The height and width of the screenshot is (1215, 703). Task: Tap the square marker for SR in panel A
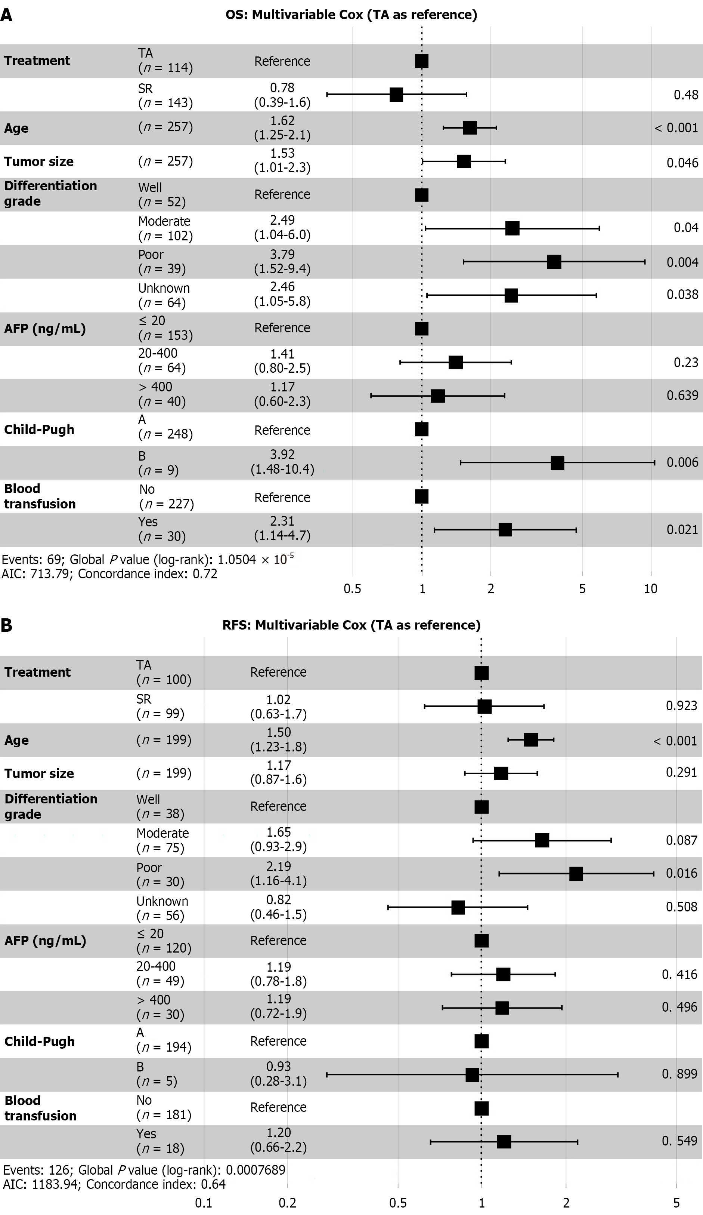[396, 95]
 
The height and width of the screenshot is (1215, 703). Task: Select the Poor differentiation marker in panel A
[554, 262]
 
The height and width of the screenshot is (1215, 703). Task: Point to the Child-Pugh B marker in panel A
[557, 463]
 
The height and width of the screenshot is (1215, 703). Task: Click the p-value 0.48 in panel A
[686, 95]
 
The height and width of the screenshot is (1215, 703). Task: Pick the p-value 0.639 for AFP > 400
[682, 396]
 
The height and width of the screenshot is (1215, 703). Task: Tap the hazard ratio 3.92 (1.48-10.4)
[282, 462]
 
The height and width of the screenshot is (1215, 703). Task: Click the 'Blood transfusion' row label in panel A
[40, 496]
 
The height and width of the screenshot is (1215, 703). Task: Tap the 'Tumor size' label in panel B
[39, 773]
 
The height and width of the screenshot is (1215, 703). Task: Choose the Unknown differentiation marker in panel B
[458, 907]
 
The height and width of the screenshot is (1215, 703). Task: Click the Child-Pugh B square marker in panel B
[472, 1075]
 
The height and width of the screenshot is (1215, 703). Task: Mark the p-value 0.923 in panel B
[681, 706]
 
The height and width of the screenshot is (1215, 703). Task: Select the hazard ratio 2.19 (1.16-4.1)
[279, 873]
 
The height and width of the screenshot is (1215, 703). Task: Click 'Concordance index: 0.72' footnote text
[148, 574]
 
